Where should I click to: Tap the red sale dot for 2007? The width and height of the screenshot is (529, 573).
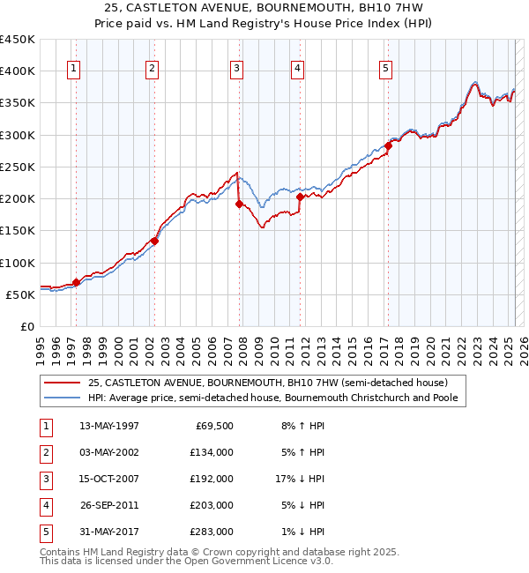tap(239, 204)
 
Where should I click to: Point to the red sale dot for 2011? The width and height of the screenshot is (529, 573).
tap(300, 197)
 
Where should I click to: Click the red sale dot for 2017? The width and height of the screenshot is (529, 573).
tap(388, 146)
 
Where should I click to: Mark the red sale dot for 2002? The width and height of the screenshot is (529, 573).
tap(154, 241)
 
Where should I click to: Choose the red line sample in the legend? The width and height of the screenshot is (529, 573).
tap(63, 383)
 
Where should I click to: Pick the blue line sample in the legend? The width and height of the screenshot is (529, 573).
tap(63, 398)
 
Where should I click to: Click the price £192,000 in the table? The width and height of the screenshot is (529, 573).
tap(212, 479)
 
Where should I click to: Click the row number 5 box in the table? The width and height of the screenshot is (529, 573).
tap(46, 532)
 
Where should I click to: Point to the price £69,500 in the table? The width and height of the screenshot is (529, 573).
tap(214, 426)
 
